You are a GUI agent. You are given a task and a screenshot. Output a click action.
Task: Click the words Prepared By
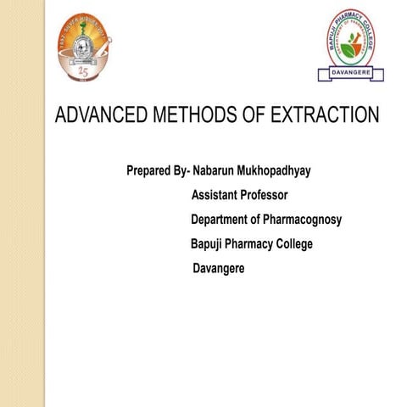click(x=157, y=171)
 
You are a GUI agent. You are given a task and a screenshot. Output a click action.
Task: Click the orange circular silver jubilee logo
click(x=86, y=47)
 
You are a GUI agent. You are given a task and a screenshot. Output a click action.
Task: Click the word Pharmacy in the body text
click(x=249, y=244)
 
